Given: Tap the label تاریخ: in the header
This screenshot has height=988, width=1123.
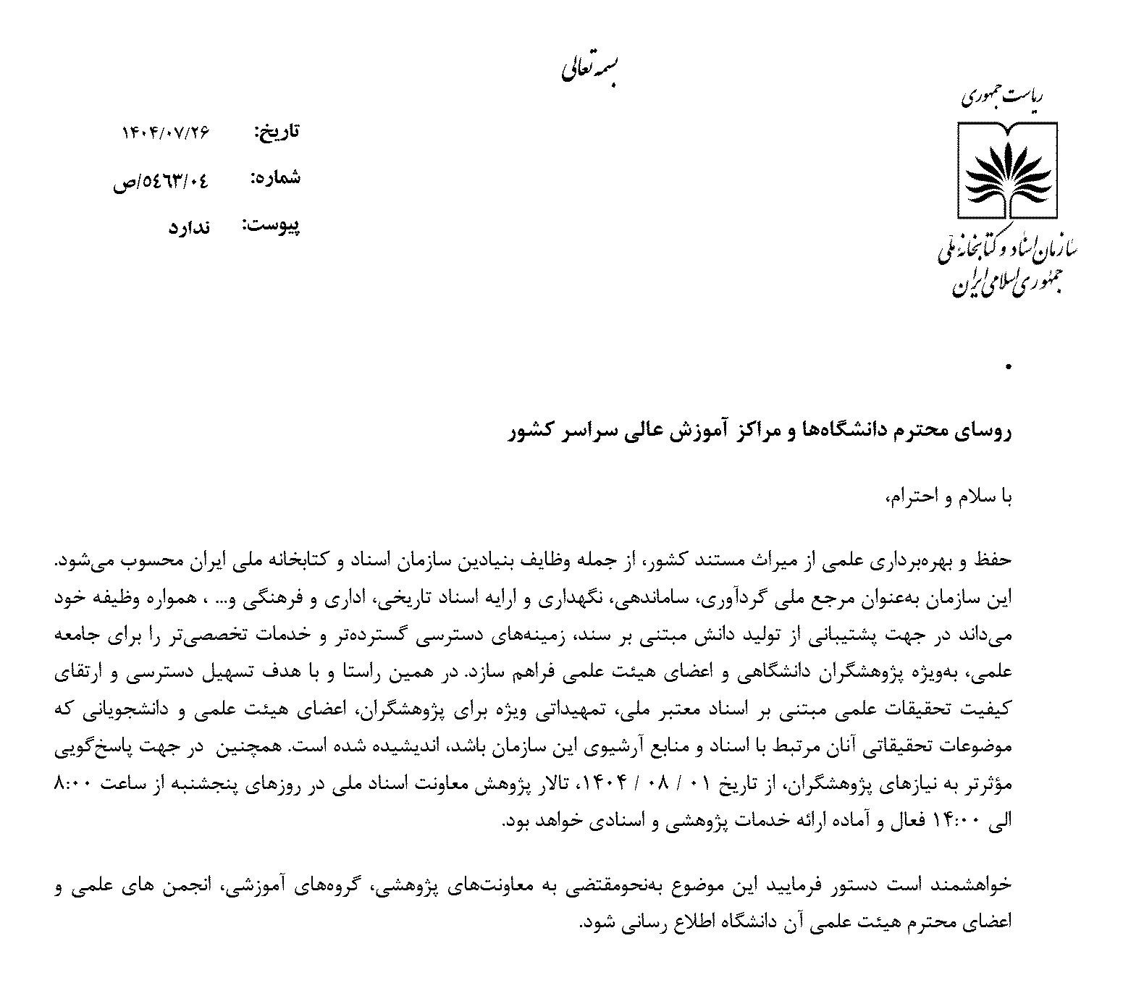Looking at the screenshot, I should pos(276,133).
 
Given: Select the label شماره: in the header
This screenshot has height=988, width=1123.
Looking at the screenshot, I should pos(275,178).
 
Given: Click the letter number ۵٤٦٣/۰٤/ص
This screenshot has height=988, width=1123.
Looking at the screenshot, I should pos(161,181).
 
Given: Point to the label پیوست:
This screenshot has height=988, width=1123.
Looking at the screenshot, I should pos(271,225).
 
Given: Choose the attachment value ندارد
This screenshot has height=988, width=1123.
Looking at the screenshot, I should pos(189,227).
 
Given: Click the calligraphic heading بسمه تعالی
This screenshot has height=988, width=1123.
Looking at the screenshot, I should pos(590,69).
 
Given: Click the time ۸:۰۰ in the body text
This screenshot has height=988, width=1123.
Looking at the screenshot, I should pos(72,784).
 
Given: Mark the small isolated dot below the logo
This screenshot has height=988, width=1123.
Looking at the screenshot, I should pos(1007,368).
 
